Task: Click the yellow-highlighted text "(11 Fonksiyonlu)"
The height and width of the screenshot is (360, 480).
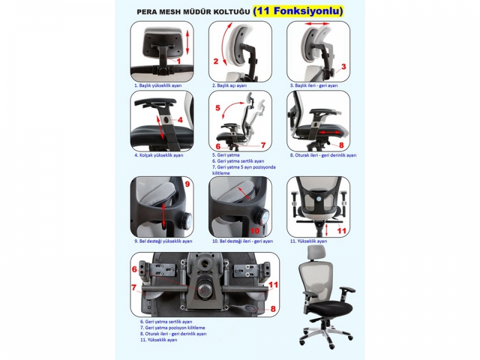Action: click(x=298, y=11)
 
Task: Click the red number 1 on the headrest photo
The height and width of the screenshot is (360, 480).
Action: click(x=179, y=61)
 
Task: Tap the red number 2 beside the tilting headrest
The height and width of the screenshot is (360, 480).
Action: click(x=216, y=61)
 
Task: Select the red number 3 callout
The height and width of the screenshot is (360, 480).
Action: click(x=343, y=67)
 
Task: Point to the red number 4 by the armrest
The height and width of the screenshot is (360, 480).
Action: click(x=180, y=120)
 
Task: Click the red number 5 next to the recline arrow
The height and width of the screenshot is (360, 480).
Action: click(x=218, y=108)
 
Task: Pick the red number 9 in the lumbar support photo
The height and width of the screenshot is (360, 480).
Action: click(x=187, y=184)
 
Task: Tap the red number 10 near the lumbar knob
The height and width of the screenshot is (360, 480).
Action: click(x=255, y=230)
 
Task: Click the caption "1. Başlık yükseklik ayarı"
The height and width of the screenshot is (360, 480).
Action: click(x=158, y=85)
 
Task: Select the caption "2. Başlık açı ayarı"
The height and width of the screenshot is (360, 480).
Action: click(x=230, y=85)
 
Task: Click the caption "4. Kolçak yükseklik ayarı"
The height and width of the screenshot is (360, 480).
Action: click(x=159, y=155)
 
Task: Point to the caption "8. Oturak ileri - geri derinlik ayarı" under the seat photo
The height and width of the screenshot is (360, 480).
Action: click(x=323, y=155)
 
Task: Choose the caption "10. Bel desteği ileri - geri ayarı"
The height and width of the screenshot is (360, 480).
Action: click(x=243, y=241)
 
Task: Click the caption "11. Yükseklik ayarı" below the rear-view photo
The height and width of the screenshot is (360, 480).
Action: click(x=308, y=241)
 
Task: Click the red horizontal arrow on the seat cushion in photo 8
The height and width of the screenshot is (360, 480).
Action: click(x=329, y=133)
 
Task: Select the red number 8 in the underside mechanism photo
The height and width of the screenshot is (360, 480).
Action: click(x=273, y=308)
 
